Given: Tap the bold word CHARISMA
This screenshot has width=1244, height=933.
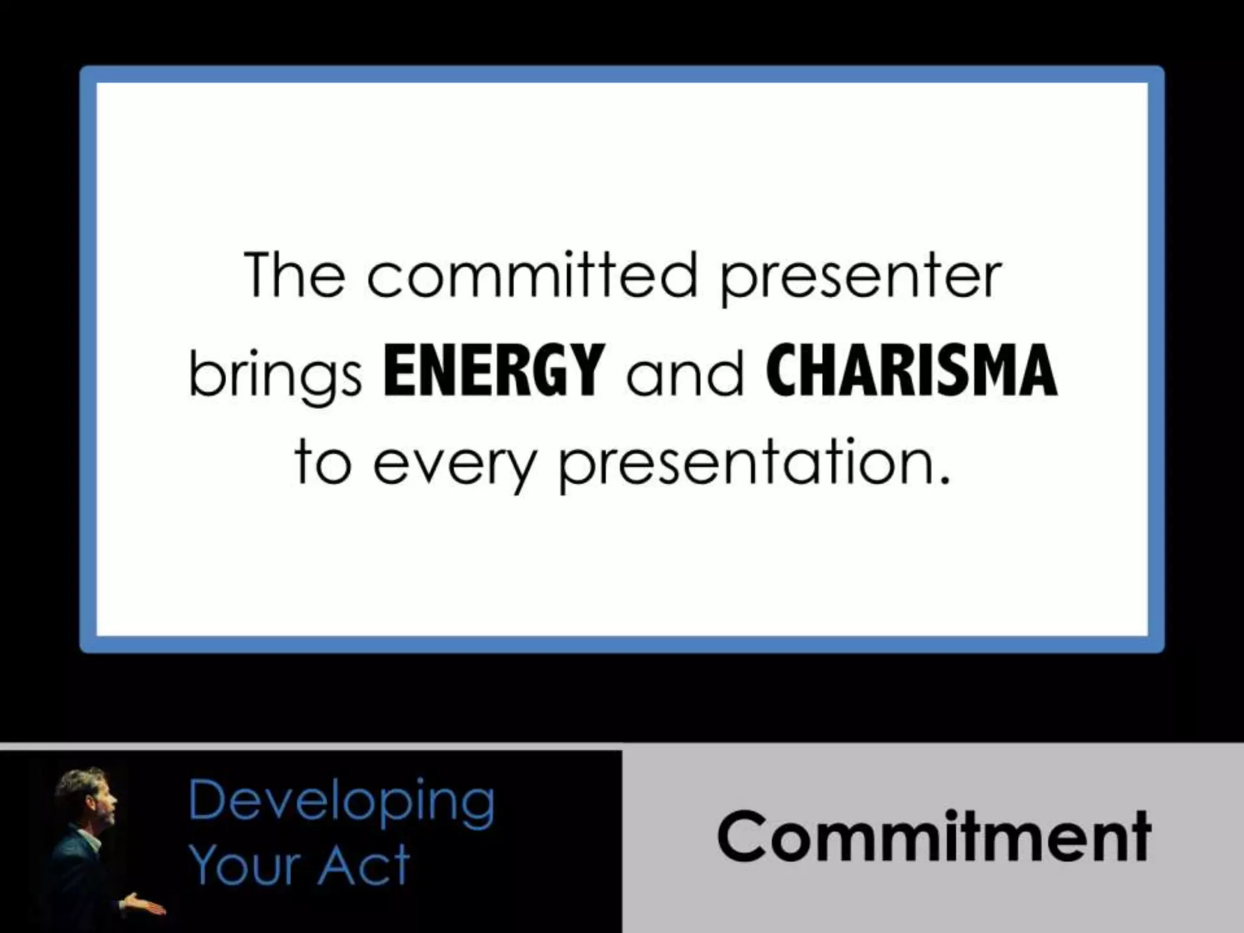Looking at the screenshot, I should coord(911,370).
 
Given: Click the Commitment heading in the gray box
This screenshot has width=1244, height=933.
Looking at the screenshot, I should coord(934,836).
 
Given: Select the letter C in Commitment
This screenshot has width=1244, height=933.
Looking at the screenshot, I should coord(742,838).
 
